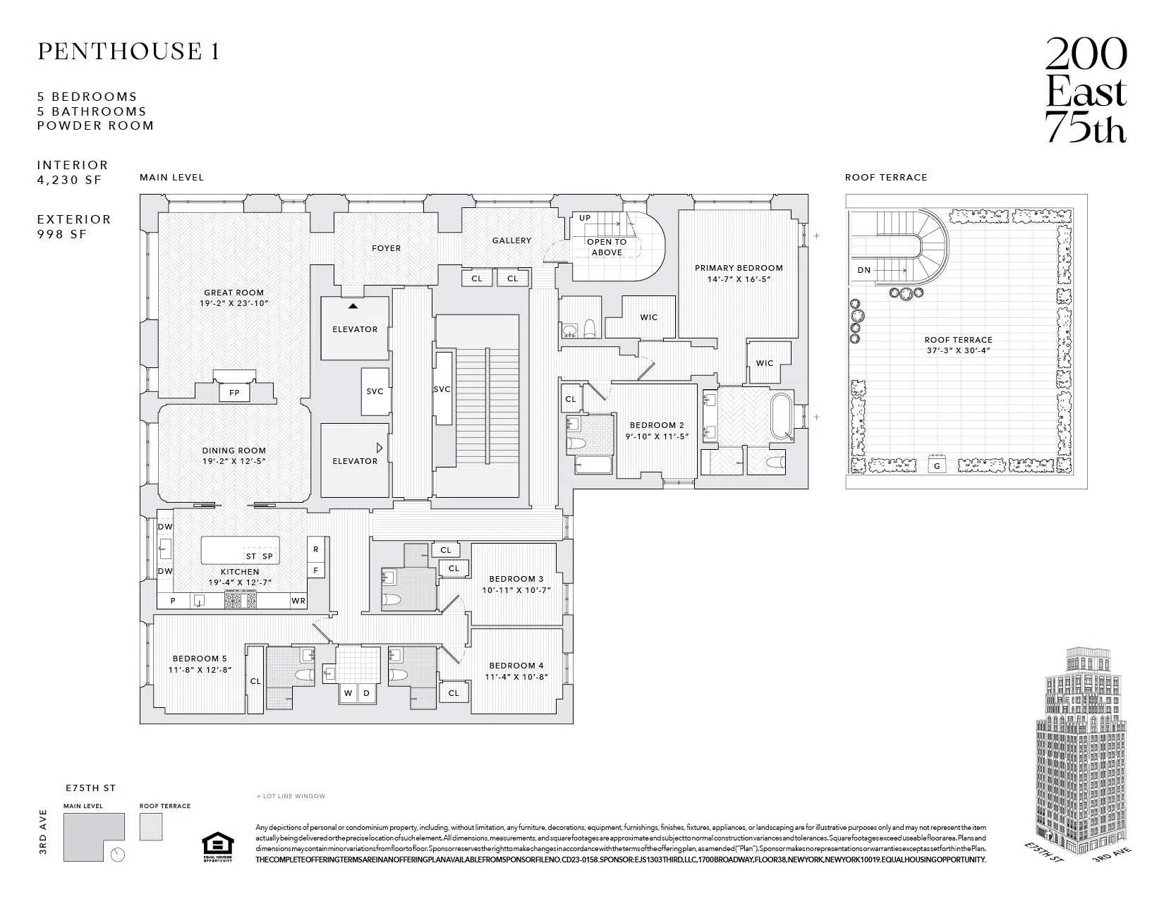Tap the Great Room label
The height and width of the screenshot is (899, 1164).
[234, 293]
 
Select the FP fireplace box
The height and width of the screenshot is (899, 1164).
[234, 393]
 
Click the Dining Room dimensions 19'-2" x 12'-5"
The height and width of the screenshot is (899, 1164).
[234, 462]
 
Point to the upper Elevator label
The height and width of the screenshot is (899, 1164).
[355, 329]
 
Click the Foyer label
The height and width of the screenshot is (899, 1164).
[386, 248]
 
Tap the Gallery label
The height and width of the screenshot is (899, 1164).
[511, 240]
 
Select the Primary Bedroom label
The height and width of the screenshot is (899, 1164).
[739, 268]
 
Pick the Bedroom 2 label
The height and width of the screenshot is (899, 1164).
[657, 425]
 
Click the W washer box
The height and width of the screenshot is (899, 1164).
[348, 694]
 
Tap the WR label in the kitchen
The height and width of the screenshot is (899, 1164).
[298, 601]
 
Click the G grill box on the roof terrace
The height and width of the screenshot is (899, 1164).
[937, 466]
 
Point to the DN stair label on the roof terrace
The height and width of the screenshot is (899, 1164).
[864, 270]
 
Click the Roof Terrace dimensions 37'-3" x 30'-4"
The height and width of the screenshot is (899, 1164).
[958, 350]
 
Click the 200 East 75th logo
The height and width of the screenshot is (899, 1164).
[1085, 90]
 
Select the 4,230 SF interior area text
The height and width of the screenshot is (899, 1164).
[70, 180]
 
